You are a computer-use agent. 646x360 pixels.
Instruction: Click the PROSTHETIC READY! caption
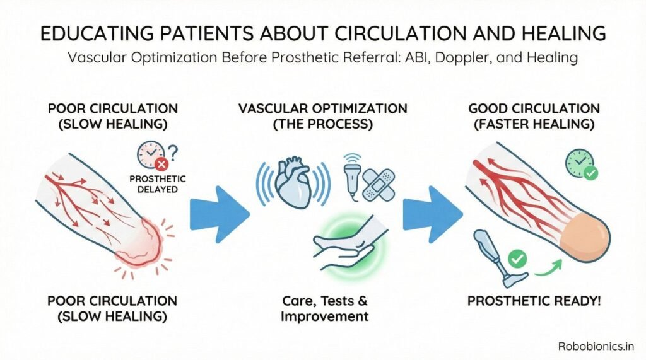[x=534, y=301]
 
